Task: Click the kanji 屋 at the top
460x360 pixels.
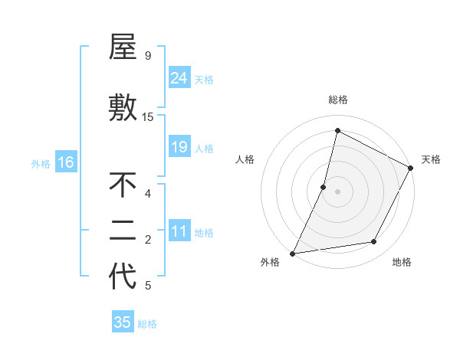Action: click(123, 47)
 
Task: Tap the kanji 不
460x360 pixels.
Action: click(123, 185)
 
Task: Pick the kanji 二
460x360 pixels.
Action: click(123, 231)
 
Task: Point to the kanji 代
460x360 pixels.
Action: click(123, 277)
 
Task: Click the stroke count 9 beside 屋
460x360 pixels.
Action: click(148, 56)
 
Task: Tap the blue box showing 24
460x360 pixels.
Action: click(179, 78)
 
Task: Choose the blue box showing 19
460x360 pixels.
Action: click(179, 147)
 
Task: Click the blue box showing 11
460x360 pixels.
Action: click(179, 232)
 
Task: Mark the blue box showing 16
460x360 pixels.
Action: click(66, 162)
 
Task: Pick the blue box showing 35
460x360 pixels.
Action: click(123, 322)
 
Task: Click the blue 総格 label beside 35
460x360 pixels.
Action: click(147, 324)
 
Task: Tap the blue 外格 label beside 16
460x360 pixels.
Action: click(40, 163)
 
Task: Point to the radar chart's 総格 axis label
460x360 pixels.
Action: click(337, 100)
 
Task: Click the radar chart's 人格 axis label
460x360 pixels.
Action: click(245, 159)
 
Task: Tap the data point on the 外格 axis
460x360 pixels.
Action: click(292, 253)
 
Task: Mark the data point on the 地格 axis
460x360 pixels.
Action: click(374, 242)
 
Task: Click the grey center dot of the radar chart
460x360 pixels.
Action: click(337, 191)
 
